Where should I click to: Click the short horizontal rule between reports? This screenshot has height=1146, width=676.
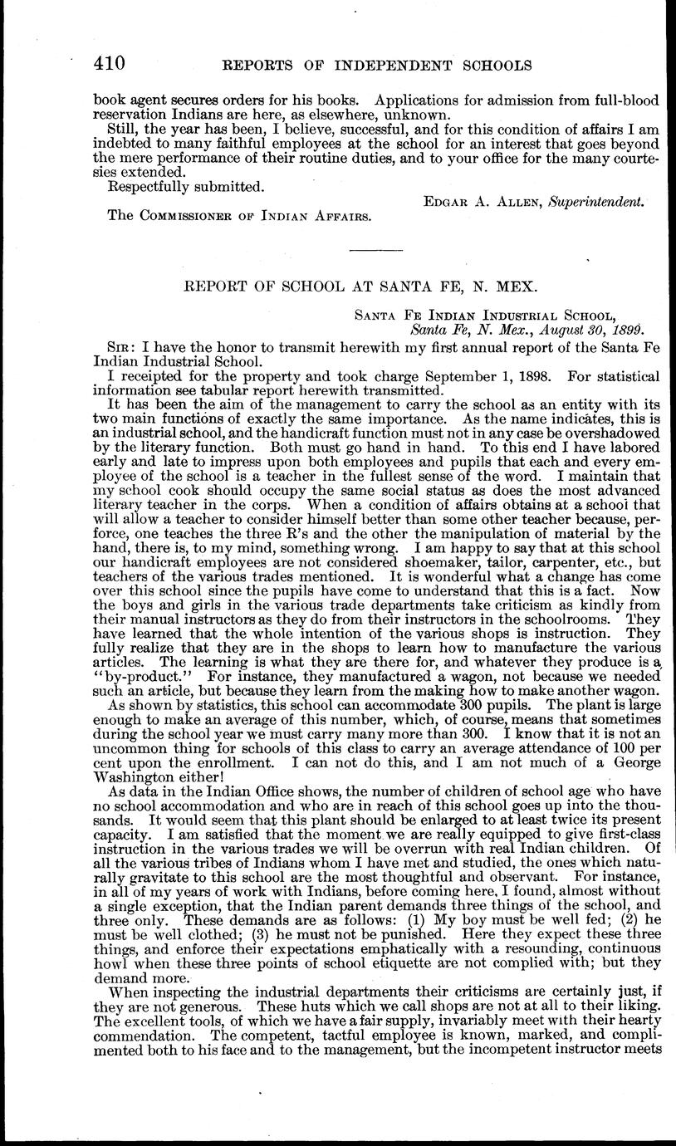375,250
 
